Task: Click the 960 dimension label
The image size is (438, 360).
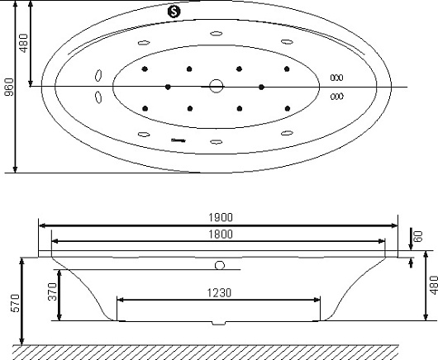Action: click(9, 87)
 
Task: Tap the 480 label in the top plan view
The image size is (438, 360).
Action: click(24, 43)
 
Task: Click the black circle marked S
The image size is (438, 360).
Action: click(174, 12)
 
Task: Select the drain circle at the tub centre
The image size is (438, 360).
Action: click(217, 86)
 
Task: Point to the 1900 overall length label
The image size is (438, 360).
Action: click(221, 217)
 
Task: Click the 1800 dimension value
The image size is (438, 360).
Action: click(221, 234)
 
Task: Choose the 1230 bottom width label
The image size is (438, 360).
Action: click(219, 293)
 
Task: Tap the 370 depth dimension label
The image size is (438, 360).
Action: click(53, 291)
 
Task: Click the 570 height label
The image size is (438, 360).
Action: click(16, 303)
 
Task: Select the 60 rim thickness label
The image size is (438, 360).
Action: click(418, 236)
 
